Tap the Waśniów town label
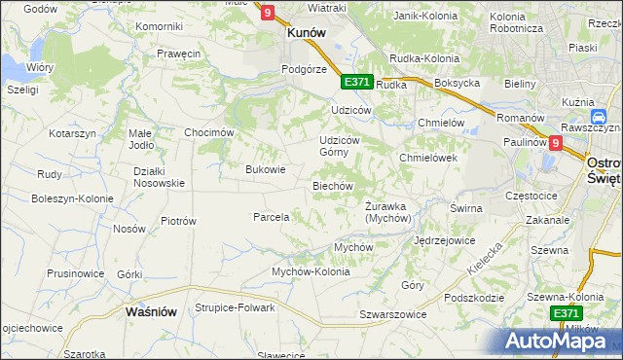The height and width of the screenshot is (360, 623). [x=151, y=311]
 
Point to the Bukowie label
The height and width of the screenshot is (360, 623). [x=265, y=169]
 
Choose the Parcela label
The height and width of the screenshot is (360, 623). [x=272, y=217]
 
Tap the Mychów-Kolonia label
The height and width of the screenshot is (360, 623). [x=311, y=271]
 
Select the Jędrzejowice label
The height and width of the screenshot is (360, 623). [x=444, y=239]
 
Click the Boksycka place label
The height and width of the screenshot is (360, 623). [x=458, y=84]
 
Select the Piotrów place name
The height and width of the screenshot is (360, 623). [x=178, y=221]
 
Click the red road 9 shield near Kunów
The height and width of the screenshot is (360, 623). [x=268, y=13]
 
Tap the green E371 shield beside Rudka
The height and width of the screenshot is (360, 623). [x=357, y=82]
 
